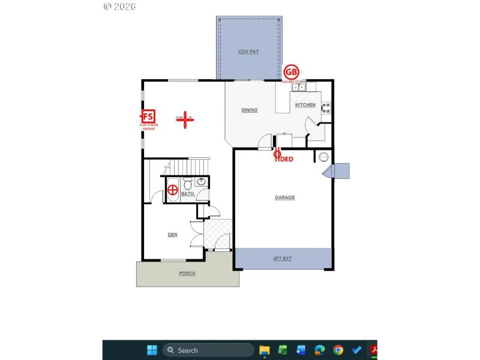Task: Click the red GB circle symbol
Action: point(291,72)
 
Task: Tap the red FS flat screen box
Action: point(148,116)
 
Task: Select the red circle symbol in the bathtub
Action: point(173,191)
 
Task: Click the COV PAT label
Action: point(248,52)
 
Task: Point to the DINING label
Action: point(250,110)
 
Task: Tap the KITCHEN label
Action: point(305,105)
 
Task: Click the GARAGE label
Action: point(285,197)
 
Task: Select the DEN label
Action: point(172,235)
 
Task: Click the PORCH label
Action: point(187,273)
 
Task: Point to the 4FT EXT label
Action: point(282,259)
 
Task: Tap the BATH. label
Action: point(188,194)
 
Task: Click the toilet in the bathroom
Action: point(187,182)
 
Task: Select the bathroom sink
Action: point(202,181)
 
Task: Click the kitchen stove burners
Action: point(326,108)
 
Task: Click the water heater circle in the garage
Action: point(324,157)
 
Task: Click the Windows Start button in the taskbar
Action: point(152,350)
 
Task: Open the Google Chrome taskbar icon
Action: point(338,350)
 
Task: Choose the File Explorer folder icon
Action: point(265,350)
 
